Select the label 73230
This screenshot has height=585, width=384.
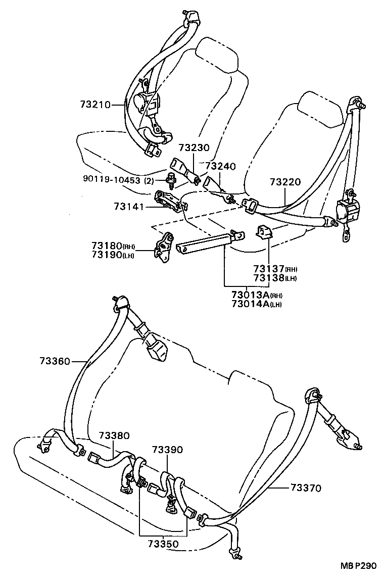(194, 149)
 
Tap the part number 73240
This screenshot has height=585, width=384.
(221, 166)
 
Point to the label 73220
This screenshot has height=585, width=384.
(285, 182)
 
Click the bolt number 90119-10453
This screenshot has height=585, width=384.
(113, 180)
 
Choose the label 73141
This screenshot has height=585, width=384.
(129, 207)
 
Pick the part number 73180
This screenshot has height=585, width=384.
(106, 246)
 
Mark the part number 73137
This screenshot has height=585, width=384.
(269, 269)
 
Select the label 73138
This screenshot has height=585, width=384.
(269, 278)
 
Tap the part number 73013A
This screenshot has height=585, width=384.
(250, 295)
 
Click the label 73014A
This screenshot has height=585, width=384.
(250, 304)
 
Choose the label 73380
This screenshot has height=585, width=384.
(114, 435)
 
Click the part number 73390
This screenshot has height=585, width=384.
(167, 450)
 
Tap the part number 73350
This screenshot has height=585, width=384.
(163, 544)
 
